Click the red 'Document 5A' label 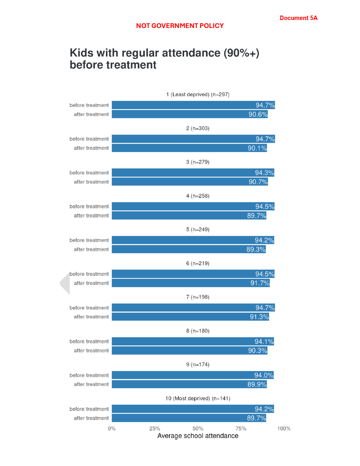tap(298, 18)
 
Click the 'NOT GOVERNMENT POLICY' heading tap(180, 26)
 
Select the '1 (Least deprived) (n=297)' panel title tap(198, 94)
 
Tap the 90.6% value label tap(258, 114)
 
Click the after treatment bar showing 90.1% tap(189, 148)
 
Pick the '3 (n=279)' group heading tap(198, 162)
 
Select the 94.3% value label tap(264, 173)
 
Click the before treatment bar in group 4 tap(193, 207)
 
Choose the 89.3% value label tap(256, 249)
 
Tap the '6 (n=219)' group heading tap(198, 263)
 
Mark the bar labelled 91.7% tap(191, 283)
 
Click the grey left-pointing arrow tap(65, 283)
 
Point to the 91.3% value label tap(259, 317)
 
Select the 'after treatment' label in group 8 tap(91, 351)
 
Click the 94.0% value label tap(264, 375)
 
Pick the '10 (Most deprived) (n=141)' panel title tap(198, 398)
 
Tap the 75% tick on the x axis tap(241, 429)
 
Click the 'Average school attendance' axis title tap(198, 436)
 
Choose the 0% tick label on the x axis tap(112, 429)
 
